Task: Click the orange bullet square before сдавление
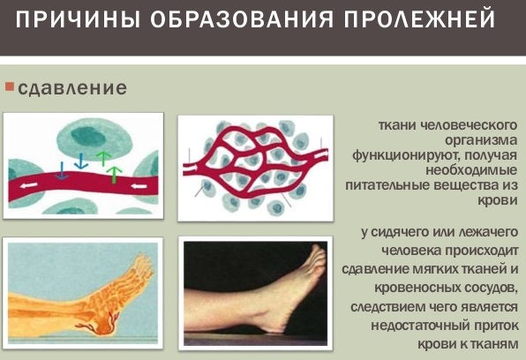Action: click(9, 87)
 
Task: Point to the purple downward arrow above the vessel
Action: click(60, 170)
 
